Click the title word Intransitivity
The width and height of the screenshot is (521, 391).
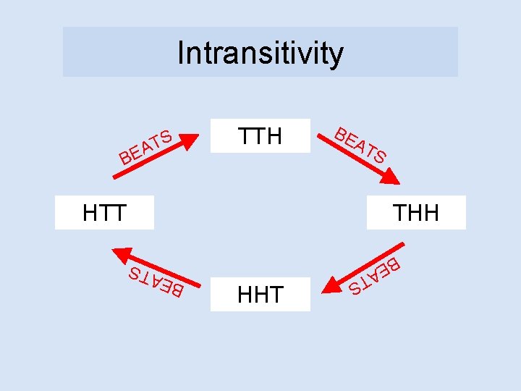click(260, 53)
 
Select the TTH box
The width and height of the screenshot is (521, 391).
click(260, 136)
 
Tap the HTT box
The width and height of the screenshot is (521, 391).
click(105, 213)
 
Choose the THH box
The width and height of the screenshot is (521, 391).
click(416, 213)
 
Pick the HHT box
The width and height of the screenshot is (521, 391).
click(260, 294)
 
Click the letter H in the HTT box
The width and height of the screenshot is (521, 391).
click(90, 213)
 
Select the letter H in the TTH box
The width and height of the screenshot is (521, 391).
click(274, 136)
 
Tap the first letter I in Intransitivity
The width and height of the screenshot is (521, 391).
click(181, 53)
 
